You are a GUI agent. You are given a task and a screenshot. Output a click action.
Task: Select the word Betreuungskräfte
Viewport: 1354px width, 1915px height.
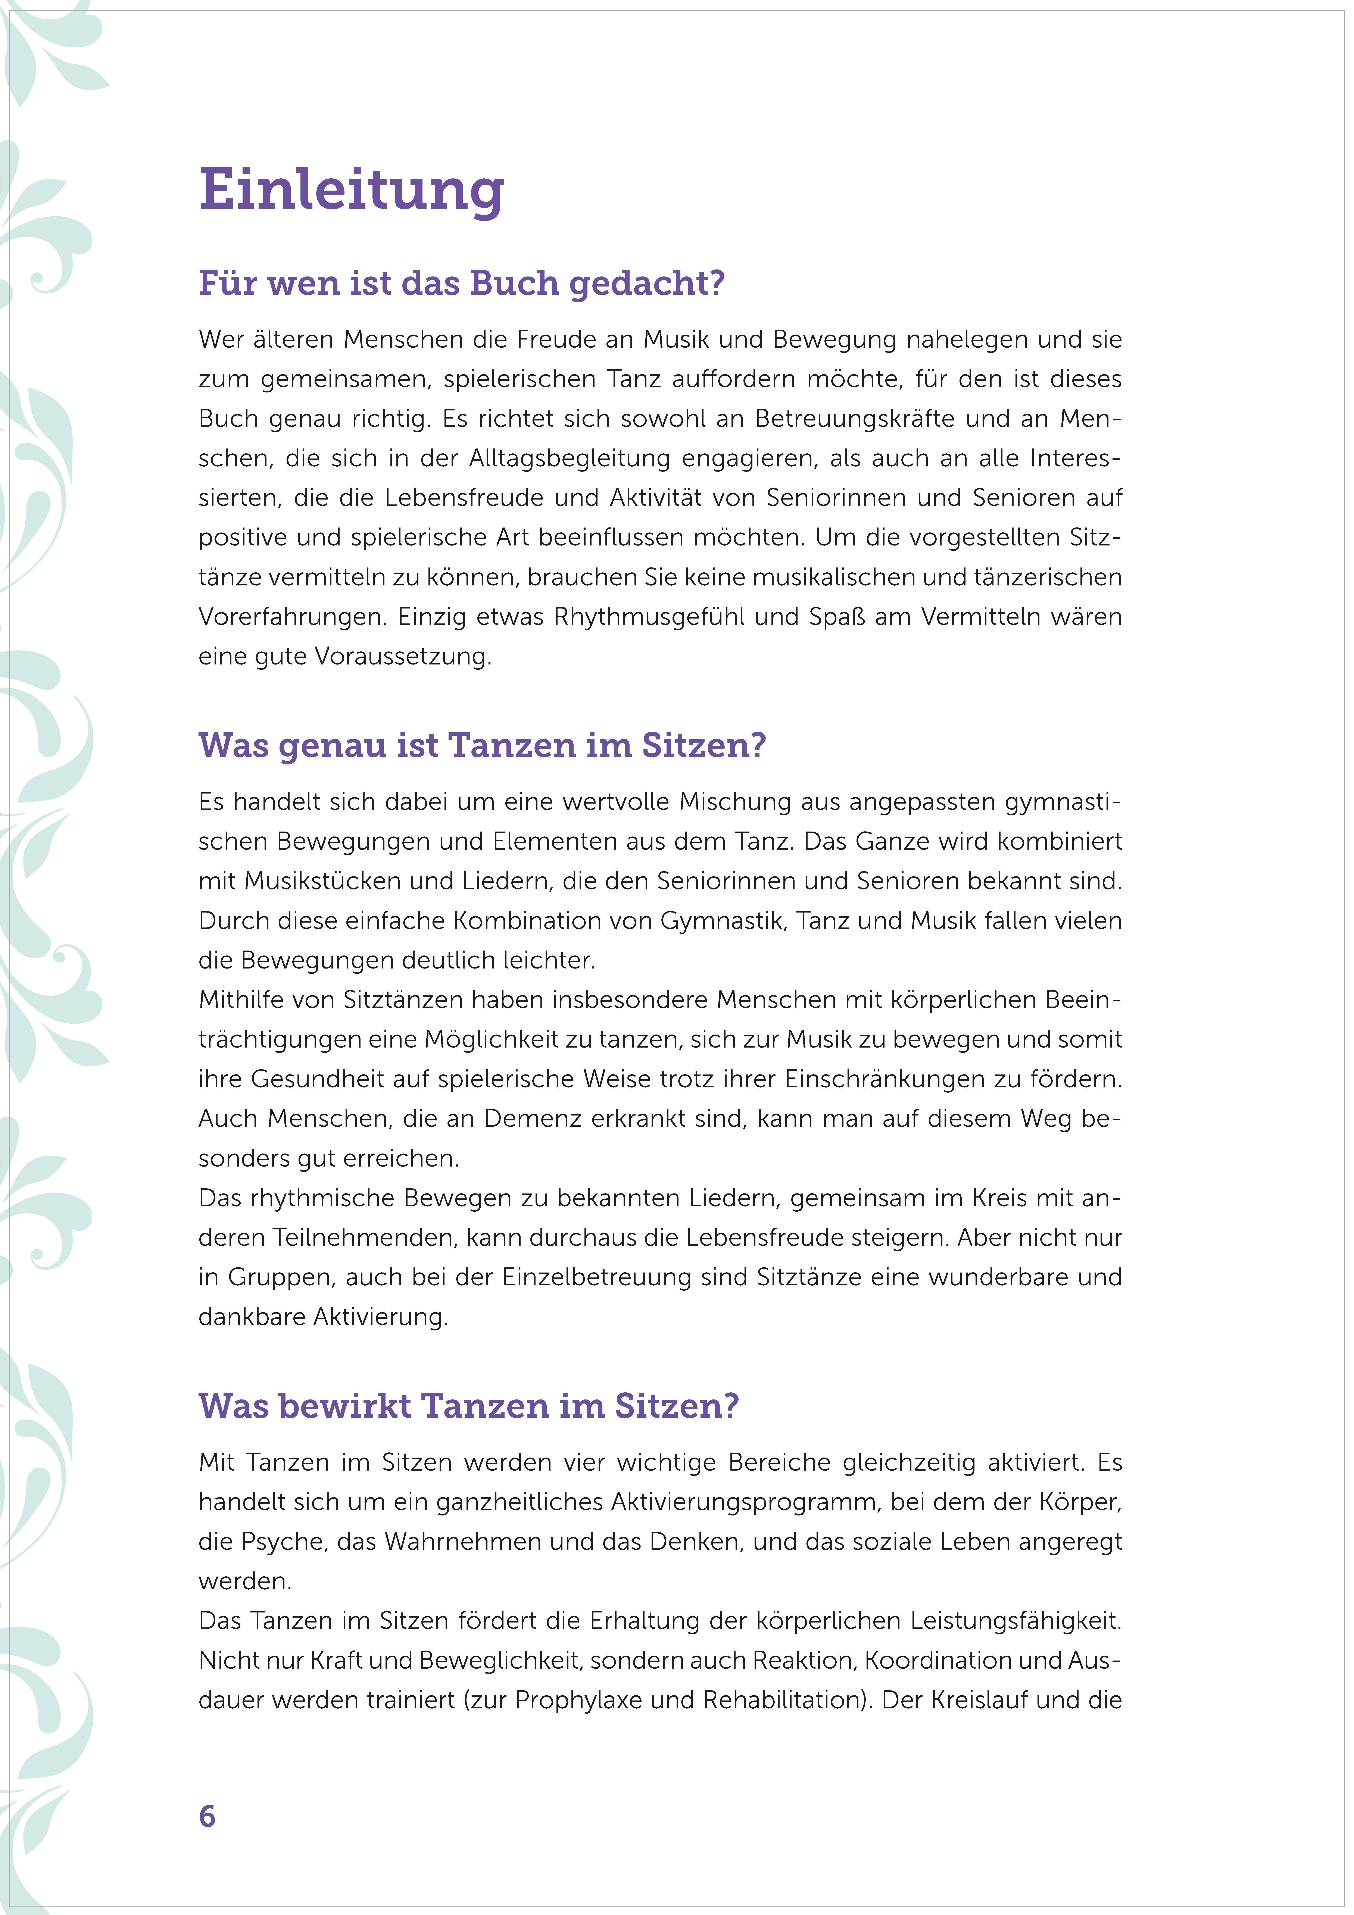[854, 419]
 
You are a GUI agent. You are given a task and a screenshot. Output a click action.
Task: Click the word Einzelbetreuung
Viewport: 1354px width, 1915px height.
[596, 1277]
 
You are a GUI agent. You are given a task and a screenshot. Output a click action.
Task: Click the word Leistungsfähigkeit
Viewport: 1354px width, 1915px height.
[1014, 1621]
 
